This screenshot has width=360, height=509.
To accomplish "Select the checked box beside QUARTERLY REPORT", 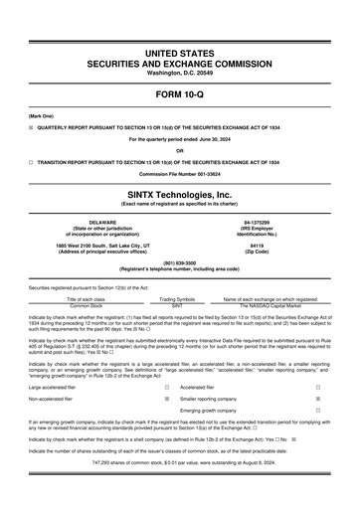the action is pyautogui.click(x=31, y=126).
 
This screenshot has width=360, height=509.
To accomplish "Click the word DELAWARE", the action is pyautogui.click(x=96, y=223).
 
